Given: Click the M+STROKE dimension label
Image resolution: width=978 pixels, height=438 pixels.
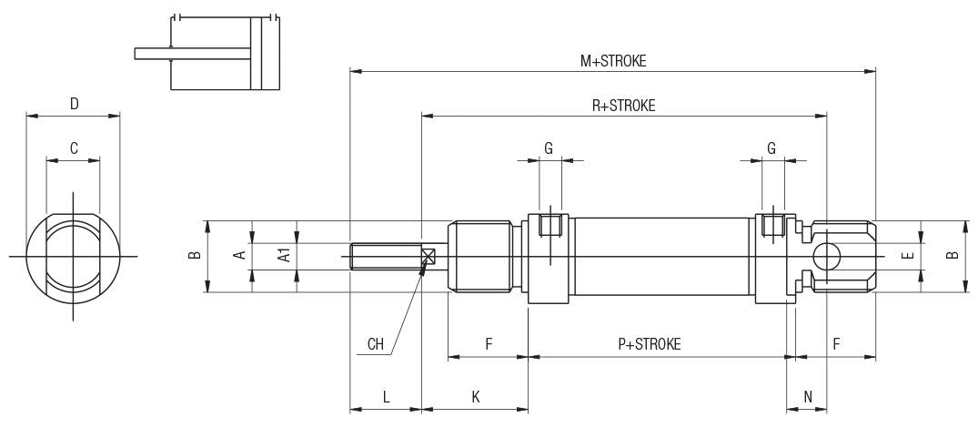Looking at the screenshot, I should [612, 61].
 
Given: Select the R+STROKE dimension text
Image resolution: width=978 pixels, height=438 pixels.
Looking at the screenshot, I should [623, 106].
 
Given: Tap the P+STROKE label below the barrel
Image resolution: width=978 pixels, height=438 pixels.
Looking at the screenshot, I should [649, 344].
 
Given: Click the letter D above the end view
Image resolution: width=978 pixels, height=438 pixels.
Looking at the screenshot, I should [74, 104].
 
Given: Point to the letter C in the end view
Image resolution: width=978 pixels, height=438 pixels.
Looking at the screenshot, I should [74, 148].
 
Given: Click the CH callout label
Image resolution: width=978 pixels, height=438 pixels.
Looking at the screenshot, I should [375, 344].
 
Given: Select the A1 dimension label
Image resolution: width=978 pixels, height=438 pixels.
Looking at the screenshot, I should [284, 255].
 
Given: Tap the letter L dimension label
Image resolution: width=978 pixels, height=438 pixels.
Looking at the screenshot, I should [386, 397].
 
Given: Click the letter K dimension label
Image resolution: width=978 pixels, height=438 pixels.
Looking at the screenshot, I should [475, 397].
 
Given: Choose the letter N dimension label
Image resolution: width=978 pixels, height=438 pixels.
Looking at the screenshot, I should [808, 397].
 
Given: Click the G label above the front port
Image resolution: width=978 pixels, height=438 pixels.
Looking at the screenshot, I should [549, 148].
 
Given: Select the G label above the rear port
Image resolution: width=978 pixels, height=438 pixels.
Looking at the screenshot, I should [771, 148].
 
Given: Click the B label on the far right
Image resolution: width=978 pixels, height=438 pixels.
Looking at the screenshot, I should [952, 256].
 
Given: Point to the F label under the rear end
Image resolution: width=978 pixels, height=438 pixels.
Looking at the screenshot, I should [836, 344].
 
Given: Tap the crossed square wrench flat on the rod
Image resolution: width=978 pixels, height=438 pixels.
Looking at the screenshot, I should [429, 258].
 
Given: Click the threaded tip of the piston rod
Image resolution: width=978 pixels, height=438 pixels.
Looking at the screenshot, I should [382, 257].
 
